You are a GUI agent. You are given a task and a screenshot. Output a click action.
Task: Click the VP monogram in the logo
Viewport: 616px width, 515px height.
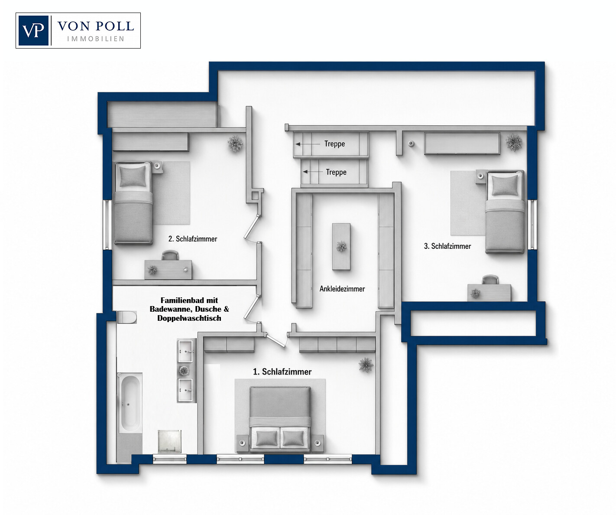point(33,30)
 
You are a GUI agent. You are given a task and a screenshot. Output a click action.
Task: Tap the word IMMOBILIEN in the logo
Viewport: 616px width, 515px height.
point(96,39)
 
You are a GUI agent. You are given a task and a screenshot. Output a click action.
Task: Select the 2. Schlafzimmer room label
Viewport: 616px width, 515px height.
point(193,239)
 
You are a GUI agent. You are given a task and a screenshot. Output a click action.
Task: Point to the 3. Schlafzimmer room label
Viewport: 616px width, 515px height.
point(447,246)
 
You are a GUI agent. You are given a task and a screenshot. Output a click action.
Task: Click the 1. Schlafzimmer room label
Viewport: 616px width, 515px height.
point(282,372)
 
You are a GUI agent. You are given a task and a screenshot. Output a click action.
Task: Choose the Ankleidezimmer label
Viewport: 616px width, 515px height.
point(342,289)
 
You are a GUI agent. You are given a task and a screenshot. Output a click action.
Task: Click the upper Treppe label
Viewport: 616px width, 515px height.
point(334,144)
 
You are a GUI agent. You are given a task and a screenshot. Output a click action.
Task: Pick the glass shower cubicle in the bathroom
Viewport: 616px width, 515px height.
point(169,441)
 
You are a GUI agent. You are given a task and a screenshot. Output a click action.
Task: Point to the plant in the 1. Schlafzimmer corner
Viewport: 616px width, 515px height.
point(366,365)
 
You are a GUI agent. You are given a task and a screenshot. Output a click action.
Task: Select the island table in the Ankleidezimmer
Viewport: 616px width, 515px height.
point(341,247)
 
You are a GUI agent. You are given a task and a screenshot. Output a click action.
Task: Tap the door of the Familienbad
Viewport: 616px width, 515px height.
point(252,310)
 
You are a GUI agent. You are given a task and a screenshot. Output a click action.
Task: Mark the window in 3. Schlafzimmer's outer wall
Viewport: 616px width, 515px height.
point(532,225)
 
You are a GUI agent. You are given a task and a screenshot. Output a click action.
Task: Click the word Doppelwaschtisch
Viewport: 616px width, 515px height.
point(189,318)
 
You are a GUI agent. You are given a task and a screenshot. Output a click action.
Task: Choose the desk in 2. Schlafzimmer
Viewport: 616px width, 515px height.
point(168,269)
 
